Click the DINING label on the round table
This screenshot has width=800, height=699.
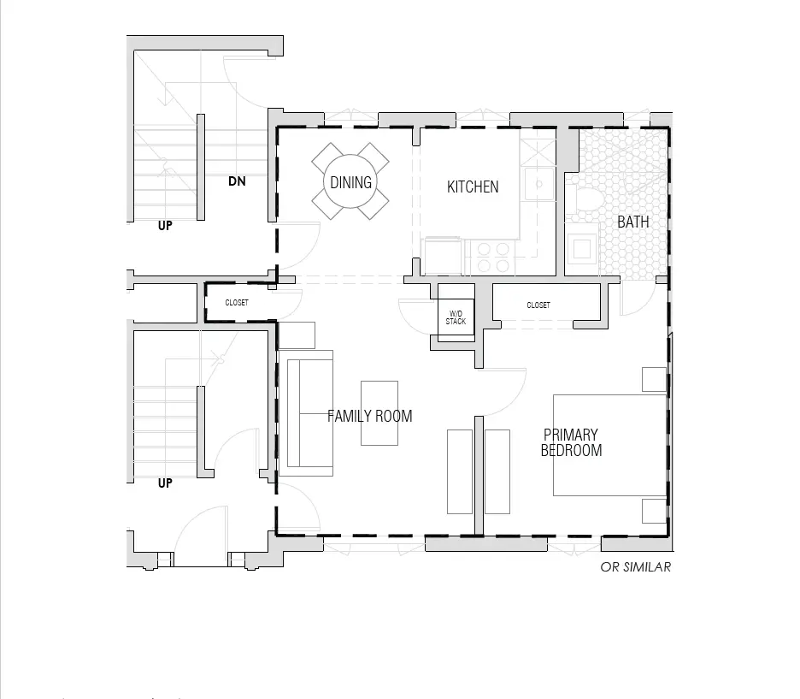tap(350, 182)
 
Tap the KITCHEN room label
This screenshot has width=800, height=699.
tap(473, 187)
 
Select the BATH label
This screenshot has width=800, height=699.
tap(633, 222)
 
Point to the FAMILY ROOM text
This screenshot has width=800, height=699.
tap(370, 416)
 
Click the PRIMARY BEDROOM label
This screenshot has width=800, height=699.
tap(572, 442)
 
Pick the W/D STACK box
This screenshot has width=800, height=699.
tap(456, 317)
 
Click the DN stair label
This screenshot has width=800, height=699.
tap(237, 181)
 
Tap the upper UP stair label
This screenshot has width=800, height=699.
tap(165, 225)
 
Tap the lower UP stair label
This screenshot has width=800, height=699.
tap(165, 483)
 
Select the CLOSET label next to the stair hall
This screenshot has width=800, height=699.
tap(237, 303)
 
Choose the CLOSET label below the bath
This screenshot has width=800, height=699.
tap(538, 305)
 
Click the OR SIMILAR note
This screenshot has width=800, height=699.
tap(636, 566)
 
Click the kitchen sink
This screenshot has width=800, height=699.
tap(538, 184)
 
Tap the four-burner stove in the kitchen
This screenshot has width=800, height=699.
tap(493, 258)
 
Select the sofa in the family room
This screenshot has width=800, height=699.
tap(306, 413)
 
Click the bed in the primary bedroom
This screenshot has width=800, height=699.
tap(609, 445)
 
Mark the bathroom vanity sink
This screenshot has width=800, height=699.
tap(582, 249)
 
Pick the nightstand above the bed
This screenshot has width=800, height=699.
tap(654, 379)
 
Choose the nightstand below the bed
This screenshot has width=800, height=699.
tap(654, 511)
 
